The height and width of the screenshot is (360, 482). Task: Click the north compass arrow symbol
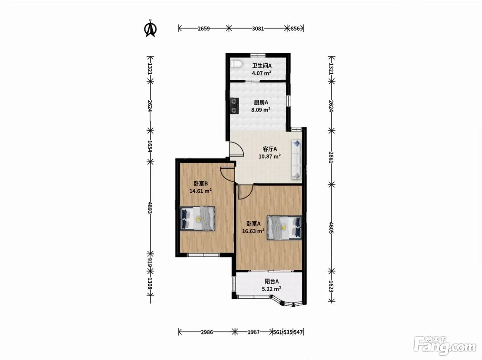click(x=150, y=29)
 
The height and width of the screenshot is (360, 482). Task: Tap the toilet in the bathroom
click(x=236, y=64)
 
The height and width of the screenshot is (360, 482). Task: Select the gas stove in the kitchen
click(x=234, y=106)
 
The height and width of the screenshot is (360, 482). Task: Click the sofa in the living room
click(x=296, y=159)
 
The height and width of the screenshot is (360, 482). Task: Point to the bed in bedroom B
click(x=197, y=219)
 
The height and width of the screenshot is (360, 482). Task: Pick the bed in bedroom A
click(x=284, y=227)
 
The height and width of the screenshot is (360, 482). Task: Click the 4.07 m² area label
click(x=261, y=73)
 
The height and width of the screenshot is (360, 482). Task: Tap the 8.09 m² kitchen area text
click(x=261, y=109)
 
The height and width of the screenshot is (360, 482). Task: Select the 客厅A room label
click(x=270, y=149)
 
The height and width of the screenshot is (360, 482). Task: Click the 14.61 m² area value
click(x=200, y=191)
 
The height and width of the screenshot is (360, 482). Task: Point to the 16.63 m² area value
click(x=253, y=231)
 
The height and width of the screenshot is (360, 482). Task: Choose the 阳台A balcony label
click(x=272, y=282)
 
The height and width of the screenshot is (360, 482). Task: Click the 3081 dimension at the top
click(x=258, y=29)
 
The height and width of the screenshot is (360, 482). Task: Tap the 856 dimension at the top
click(x=295, y=29)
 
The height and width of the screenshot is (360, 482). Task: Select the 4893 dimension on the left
click(x=150, y=208)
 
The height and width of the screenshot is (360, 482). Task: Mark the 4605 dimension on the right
click(x=331, y=228)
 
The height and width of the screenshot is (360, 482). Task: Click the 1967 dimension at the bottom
click(x=254, y=332)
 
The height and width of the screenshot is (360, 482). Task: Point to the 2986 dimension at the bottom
click(x=207, y=332)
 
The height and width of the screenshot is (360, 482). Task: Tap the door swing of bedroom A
click(x=245, y=192)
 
